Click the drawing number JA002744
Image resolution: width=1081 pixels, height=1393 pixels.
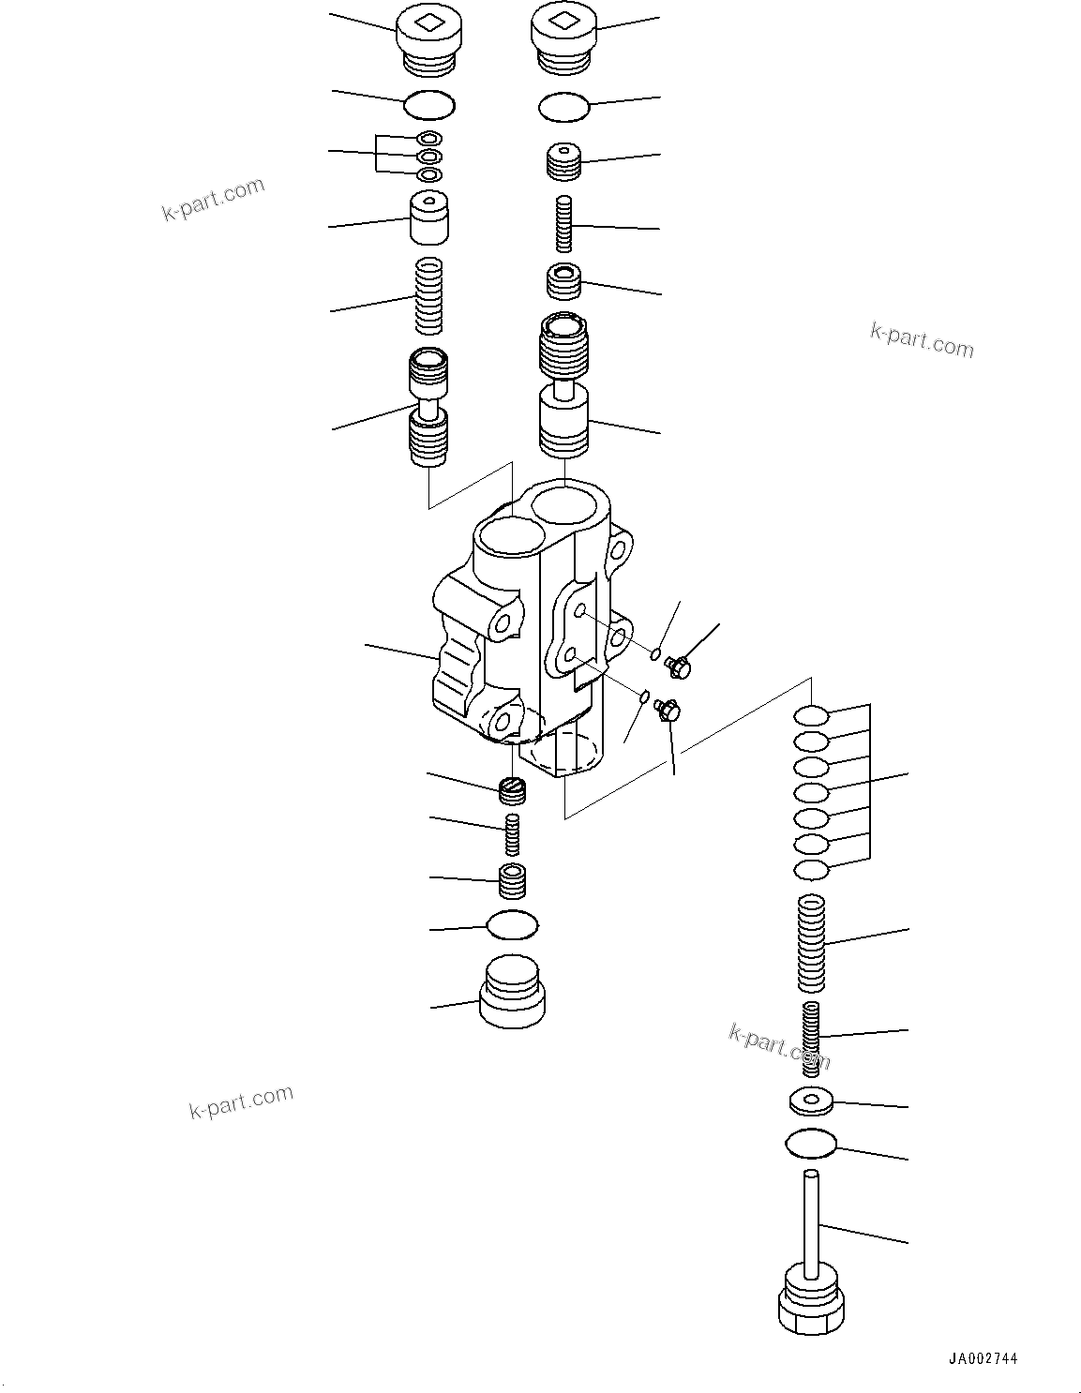point(982,1358)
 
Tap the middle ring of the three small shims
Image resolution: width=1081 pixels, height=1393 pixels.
point(429,157)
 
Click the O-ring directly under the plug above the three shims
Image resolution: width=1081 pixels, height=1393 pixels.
point(429,105)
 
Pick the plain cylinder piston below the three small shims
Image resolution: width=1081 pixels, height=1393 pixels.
point(428,217)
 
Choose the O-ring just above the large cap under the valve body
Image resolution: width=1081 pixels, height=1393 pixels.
point(512,926)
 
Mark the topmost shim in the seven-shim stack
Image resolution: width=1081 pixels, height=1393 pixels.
point(811,717)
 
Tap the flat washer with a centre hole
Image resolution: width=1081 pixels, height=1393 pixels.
point(811,1101)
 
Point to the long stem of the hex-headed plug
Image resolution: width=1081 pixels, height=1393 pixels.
point(811,1219)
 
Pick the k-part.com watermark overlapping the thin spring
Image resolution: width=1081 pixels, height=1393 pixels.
point(778,1046)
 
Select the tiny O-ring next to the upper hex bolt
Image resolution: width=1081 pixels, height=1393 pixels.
point(657,652)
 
